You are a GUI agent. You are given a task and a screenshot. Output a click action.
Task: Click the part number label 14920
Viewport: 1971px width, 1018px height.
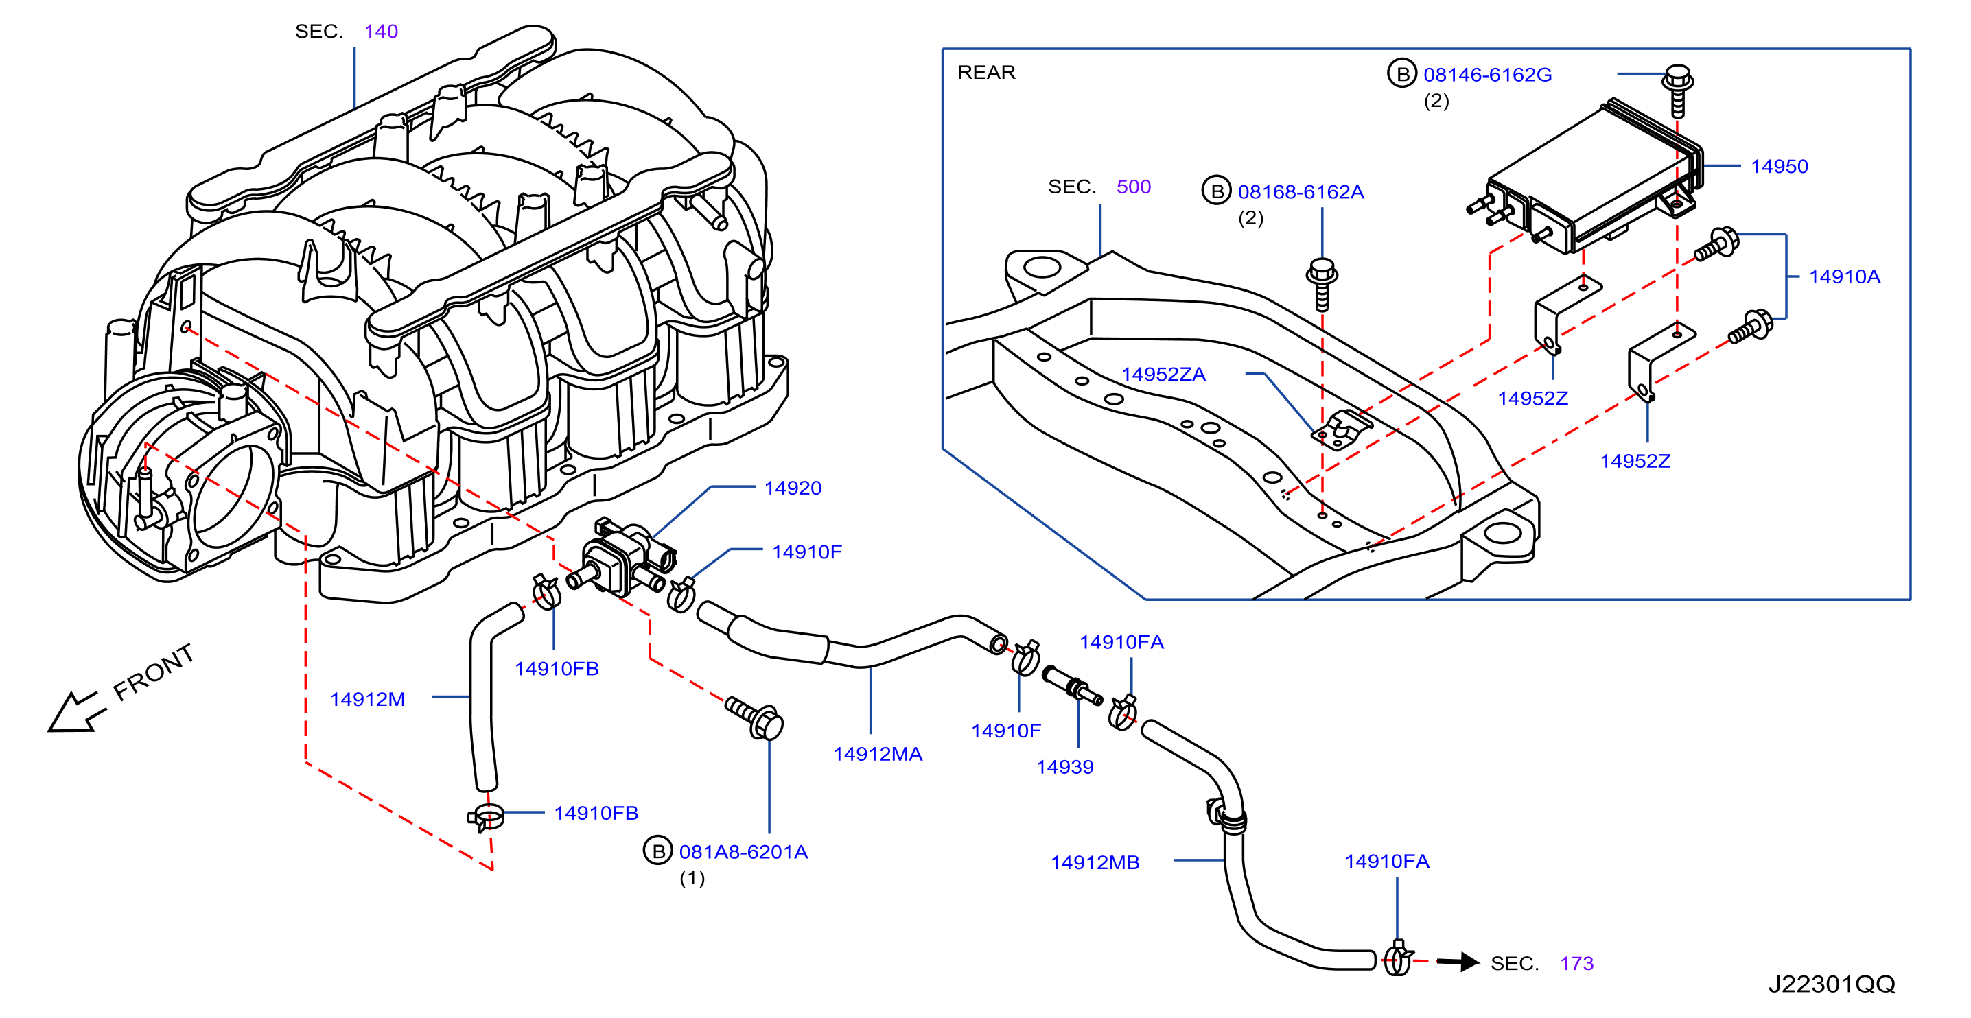pyautogui.click(x=793, y=488)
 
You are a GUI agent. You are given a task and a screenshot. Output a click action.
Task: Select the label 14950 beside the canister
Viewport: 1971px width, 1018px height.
pyautogui.click(x=1779, y=167)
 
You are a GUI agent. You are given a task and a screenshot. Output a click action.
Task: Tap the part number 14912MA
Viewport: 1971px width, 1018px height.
pyautogui.click(x=878, y=754)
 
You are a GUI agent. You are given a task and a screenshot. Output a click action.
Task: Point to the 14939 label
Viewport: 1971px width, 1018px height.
pyautogui.click(x=1064, y=767)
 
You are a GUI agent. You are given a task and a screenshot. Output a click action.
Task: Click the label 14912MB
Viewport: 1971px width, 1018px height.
pyautogui.click(x=1095, y=863)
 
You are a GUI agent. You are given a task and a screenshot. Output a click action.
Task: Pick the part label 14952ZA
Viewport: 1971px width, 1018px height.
pyautogui.click(x=1163, y=374)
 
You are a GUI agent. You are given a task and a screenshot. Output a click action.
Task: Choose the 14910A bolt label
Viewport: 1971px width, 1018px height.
pyautogui.click(x=1844, y=277)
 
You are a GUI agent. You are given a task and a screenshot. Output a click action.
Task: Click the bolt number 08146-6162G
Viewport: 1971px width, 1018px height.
pyautogui.click(x=1487, y=75)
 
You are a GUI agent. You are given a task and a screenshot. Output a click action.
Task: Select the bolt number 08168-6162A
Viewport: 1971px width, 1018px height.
pyautogui.click(x=1301, y=192)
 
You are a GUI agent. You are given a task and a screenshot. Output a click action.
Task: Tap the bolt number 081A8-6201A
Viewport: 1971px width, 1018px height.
pyautogui.click(x=743, y=852)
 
